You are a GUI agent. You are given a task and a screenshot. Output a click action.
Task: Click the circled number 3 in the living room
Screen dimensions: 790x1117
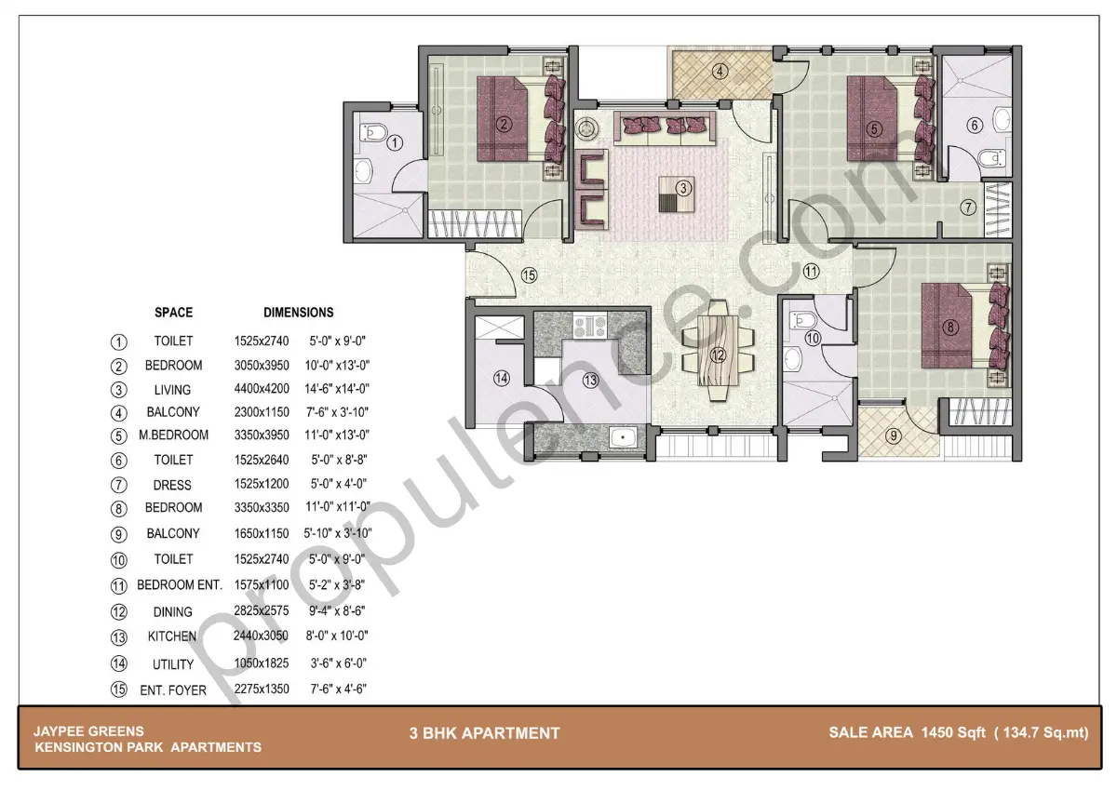(x=683, y=188)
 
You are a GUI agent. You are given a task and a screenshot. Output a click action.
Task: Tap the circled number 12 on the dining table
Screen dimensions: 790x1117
(x=718, y=355)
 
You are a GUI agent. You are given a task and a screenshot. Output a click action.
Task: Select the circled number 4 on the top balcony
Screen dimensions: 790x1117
(x=720, y=72)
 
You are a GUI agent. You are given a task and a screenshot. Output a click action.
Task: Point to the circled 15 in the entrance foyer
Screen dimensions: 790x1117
(x=529, y=274)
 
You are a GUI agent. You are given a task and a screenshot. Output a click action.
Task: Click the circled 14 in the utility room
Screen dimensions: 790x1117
(x=502, y=378)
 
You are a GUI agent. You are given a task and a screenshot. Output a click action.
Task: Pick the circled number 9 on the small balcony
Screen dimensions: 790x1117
(x=894, y=435)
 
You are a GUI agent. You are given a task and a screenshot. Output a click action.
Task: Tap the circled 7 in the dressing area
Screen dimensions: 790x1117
(x=968, y=207)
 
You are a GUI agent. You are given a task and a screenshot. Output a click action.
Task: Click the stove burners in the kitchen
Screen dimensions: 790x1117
(x=590, y=327)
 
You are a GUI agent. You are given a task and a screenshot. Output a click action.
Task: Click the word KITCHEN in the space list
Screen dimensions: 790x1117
(x=172, y=636)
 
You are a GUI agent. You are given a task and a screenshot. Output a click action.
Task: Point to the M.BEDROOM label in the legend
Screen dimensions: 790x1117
(x=173, y=435)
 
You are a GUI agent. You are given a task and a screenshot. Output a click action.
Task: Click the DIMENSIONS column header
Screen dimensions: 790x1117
(x=298, y=313)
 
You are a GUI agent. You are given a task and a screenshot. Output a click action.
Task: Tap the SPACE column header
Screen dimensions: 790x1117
(x=173, y=313)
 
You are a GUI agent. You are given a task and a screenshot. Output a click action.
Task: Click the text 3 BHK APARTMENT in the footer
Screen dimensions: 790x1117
(x=484, y=733)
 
